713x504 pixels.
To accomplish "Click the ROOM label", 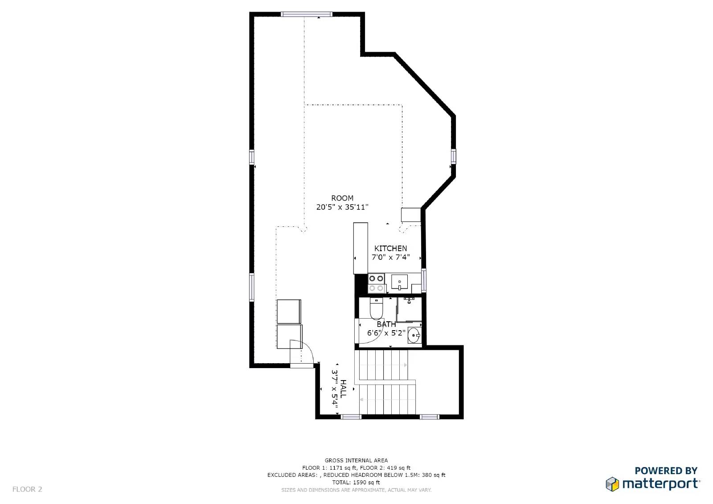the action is point(342,198).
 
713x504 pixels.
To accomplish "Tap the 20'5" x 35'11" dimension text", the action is point(342,207).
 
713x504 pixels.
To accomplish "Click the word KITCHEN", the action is point(390,248).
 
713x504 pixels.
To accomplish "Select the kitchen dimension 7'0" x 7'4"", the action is point(390,257).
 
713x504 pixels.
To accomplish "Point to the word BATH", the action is point(386,324).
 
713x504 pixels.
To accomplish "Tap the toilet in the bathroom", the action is point(376,308).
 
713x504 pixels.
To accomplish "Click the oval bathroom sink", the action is point(414,335).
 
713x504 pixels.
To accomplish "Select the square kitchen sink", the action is point(399,282).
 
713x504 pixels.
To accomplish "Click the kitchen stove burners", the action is point(376,283).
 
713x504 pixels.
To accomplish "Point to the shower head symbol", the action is point(409,300).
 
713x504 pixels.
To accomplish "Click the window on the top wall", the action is point(306,14).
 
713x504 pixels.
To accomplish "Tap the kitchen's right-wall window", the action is point(424,280).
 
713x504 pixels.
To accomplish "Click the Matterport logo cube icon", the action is point(612,484).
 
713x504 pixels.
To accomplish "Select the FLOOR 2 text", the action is point(27,489).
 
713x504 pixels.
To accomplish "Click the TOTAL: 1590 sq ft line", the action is point(356,482).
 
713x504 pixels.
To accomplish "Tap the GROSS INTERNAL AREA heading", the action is point(356,460).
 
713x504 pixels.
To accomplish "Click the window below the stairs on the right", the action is point(429,417).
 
